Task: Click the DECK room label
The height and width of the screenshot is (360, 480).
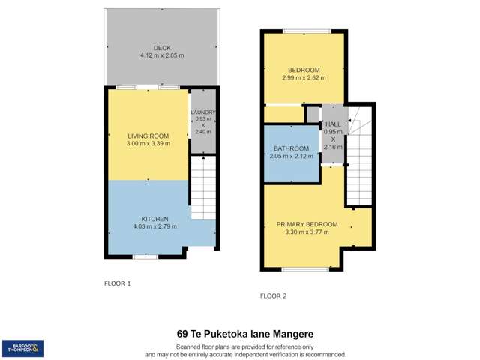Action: coord(162,48)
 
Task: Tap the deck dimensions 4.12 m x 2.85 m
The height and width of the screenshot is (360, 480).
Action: coord(162,56)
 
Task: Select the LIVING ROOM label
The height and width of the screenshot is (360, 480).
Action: coord(147,136)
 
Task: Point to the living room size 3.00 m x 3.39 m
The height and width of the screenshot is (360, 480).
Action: coord(147,144)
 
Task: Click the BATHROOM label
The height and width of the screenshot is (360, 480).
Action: coord(290,148)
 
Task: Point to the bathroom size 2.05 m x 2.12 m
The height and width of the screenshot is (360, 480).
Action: coord(290,156)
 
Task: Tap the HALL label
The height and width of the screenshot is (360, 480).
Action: coord(333,124)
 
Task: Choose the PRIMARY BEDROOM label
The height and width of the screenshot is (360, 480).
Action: coord(307,224)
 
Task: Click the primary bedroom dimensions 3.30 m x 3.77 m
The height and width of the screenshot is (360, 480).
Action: coord(307,232)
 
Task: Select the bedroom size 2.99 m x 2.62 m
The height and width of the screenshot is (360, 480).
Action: coord(304,76)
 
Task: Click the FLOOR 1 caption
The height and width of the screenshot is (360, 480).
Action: coord(118,284)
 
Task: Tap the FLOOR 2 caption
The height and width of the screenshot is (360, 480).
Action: coord(274,295)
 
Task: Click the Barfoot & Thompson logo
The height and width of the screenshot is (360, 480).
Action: coord(23,348)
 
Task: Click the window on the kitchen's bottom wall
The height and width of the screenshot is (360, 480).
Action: coord(145,256)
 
